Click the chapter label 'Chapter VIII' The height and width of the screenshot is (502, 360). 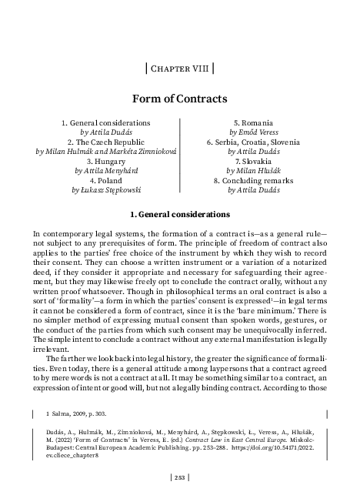tap(179, 68)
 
